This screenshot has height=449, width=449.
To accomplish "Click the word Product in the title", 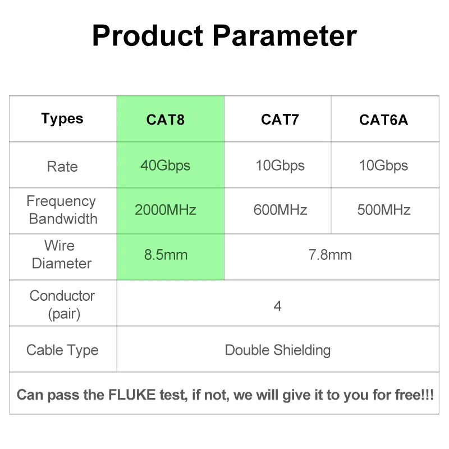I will click(147, 36).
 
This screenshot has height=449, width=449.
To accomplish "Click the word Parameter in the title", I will click(285, 36).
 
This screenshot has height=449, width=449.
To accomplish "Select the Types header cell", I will click(62, 119).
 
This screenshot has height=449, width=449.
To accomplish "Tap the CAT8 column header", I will click(165, 120).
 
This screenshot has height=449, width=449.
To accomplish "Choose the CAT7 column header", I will click(280, 120).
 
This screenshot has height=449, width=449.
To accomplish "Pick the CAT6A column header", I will click(384, 120).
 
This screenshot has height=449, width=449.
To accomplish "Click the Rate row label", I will click(62, 167).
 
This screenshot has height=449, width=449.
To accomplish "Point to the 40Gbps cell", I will click(165, 166).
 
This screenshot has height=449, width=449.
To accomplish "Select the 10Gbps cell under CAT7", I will click(280, 166).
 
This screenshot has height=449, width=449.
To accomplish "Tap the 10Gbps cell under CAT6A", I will click(384, 166).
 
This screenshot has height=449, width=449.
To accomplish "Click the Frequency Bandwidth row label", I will click(62, 210).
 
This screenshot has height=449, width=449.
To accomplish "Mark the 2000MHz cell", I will click(165, 210).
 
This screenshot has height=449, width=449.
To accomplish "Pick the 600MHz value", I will click(280, 210).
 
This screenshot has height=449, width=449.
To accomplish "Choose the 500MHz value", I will click(384, 210).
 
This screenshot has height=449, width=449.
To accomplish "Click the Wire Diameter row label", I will click(62, 255).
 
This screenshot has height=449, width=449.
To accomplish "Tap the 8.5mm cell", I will click(165, 255).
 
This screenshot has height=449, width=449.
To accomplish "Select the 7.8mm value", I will click(330, 255).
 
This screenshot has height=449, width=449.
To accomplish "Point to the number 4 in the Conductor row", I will click(277, 306).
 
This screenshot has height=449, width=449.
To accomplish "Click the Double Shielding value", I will click(277, 350).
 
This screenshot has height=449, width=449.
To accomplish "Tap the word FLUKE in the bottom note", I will click(133, 395).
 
